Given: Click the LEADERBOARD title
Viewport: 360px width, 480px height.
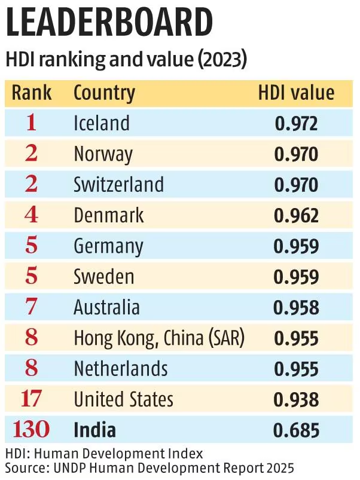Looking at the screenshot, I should pyautogui.click(x=109, y=25).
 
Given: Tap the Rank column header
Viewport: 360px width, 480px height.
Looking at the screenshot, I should pyautogui.click(x=32, y=93).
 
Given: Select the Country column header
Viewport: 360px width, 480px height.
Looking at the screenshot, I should pyautogui.click(x=104, y=93).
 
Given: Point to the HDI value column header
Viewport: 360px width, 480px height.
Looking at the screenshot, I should pyautogui.click(x=296, y=93).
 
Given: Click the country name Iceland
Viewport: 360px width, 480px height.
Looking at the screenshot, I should pyautogui.click(x=101, y=123).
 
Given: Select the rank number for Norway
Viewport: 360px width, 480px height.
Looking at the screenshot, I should pyautogui.click(x=32, y=154).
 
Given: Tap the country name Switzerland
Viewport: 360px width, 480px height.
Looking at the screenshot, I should pyautogui.click(x=118, y=185).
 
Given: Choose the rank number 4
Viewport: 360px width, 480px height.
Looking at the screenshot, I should pyautogui.click(x=32, y=216).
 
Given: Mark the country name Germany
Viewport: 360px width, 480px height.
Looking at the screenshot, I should pyautogui.click(x=108, y=246).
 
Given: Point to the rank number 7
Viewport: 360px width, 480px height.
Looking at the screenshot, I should pyautogui.click(x=32, y=308).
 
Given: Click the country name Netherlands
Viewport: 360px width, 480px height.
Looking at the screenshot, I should pyautogui.click(x=121, y=369).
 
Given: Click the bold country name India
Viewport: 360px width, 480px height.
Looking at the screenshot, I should pyautogui.click(x=94, y=430).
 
